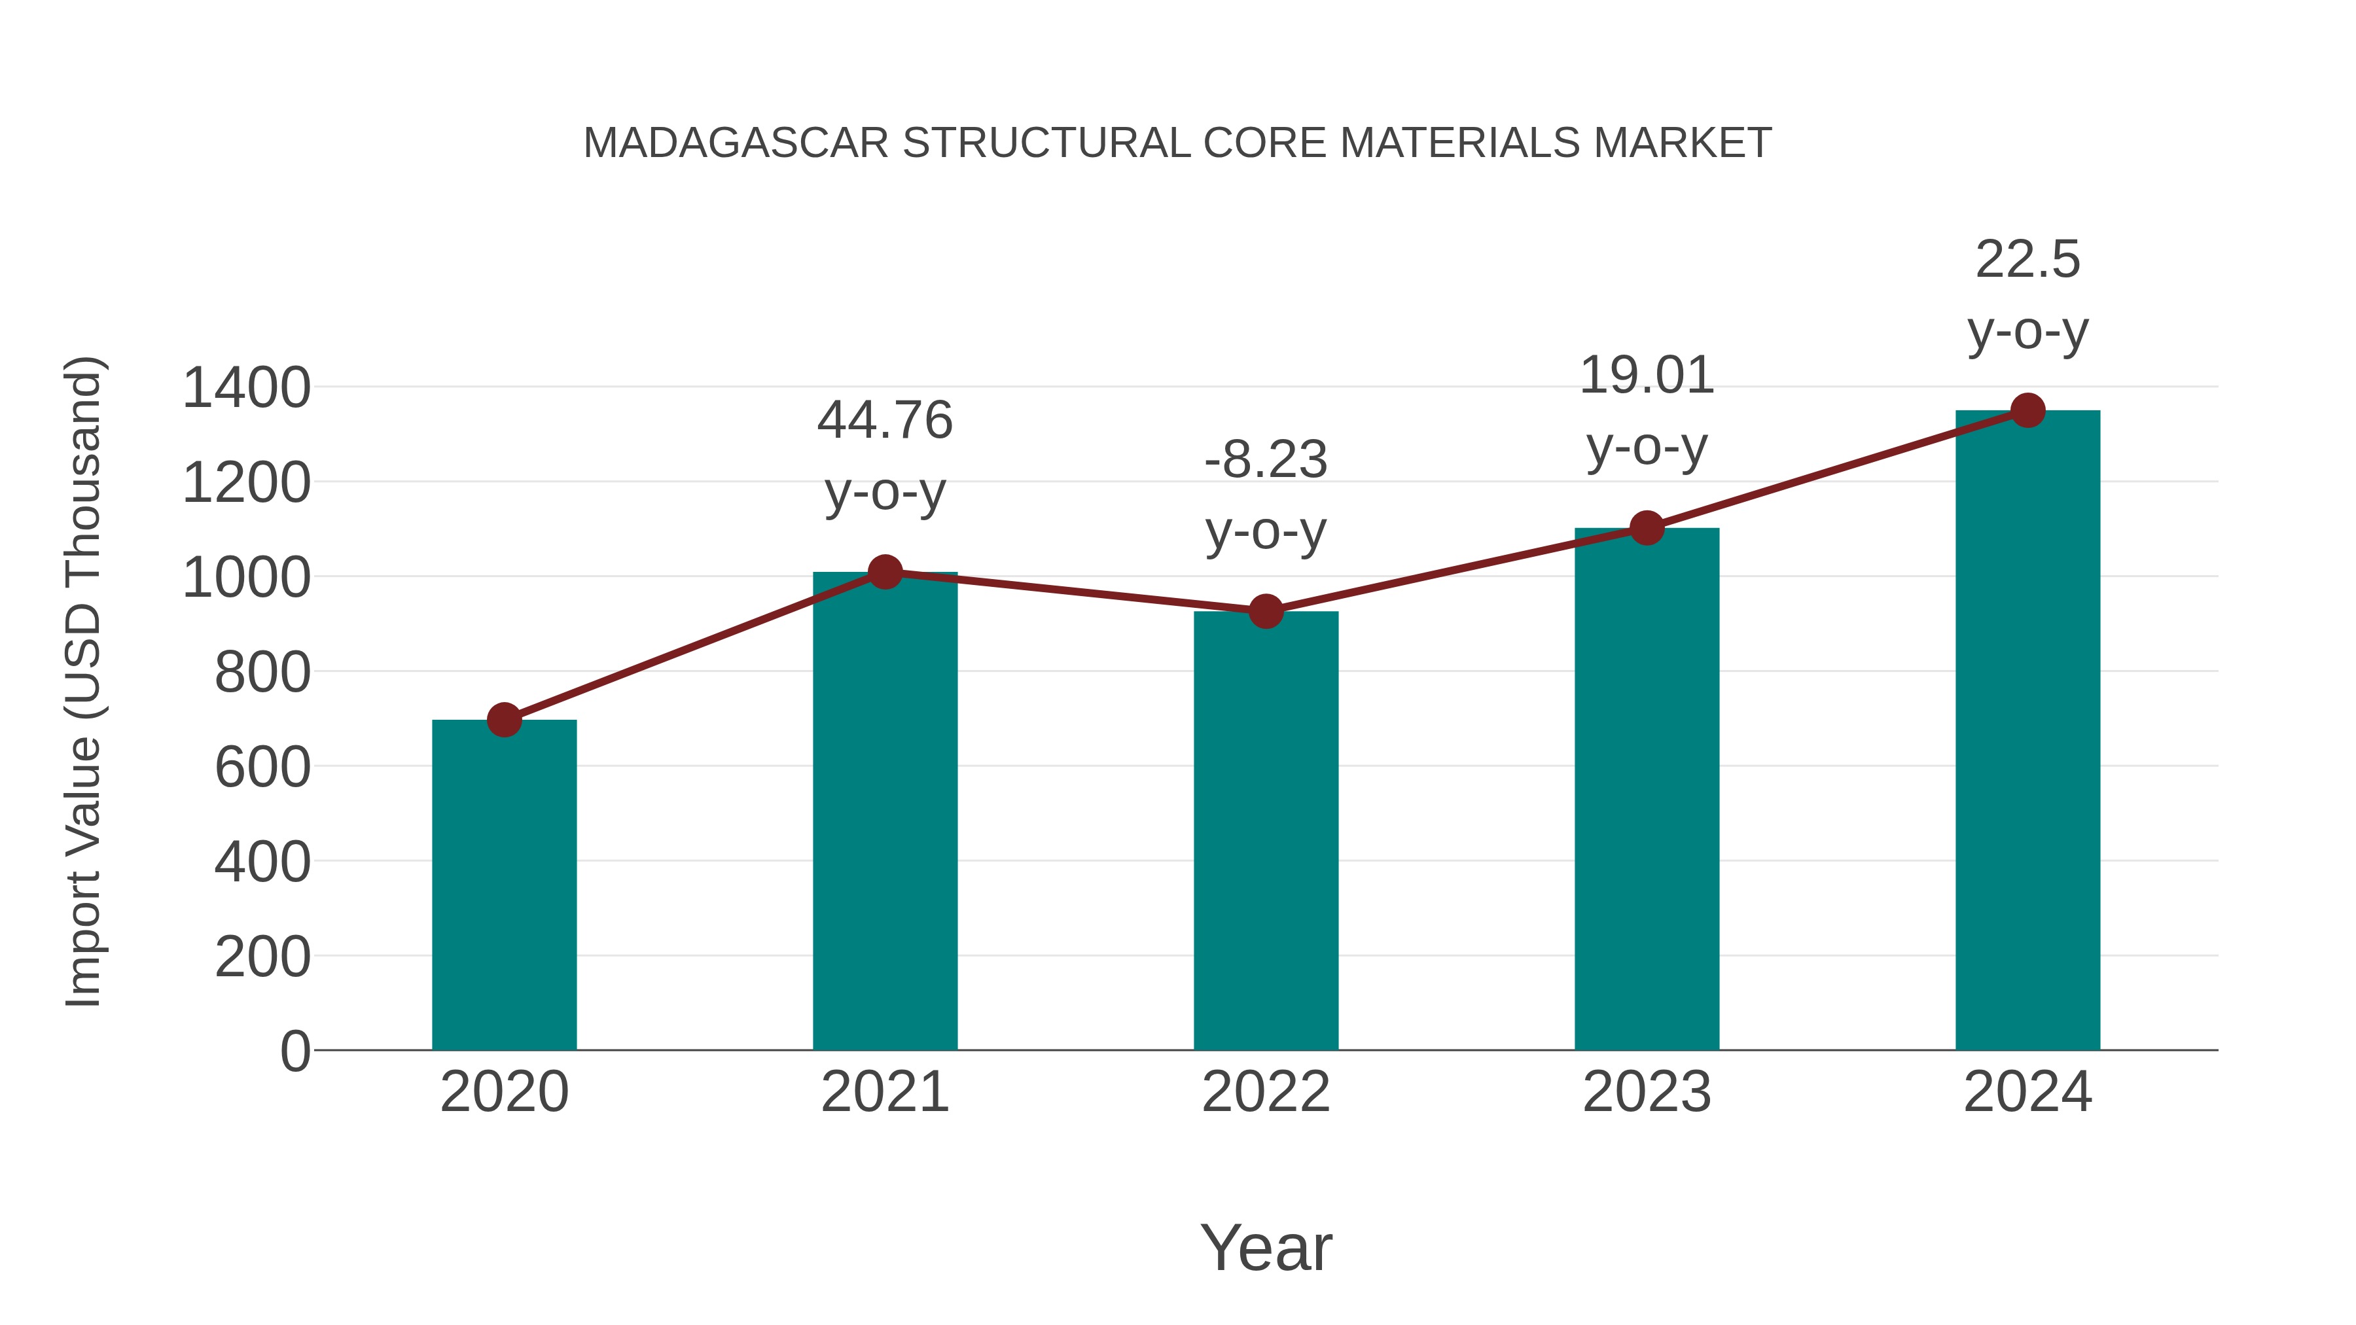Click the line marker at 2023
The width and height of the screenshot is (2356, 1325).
(1647, 527)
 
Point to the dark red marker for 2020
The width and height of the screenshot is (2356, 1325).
(504, 720)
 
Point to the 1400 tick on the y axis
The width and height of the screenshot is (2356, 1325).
(246, 388)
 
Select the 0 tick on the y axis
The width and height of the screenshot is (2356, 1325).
(294, 1051)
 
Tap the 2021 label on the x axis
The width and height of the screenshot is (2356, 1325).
(884, 1092)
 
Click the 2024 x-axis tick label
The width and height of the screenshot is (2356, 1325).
(2027, 1092)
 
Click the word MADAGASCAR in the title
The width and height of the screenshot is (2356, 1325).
(736, 143)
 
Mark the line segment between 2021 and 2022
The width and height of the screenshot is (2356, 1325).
(1075, 592)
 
